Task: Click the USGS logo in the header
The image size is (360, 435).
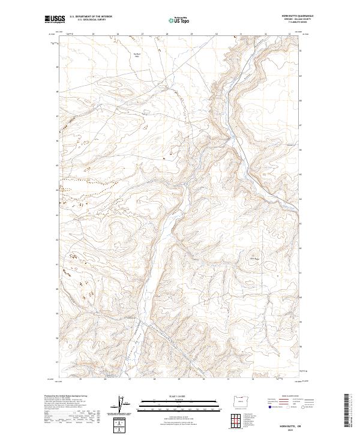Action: (x=55, y=19)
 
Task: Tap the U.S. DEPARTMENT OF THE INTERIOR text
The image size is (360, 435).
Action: (x=91, y=16)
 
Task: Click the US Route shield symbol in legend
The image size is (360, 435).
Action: (x=286, y=406)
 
